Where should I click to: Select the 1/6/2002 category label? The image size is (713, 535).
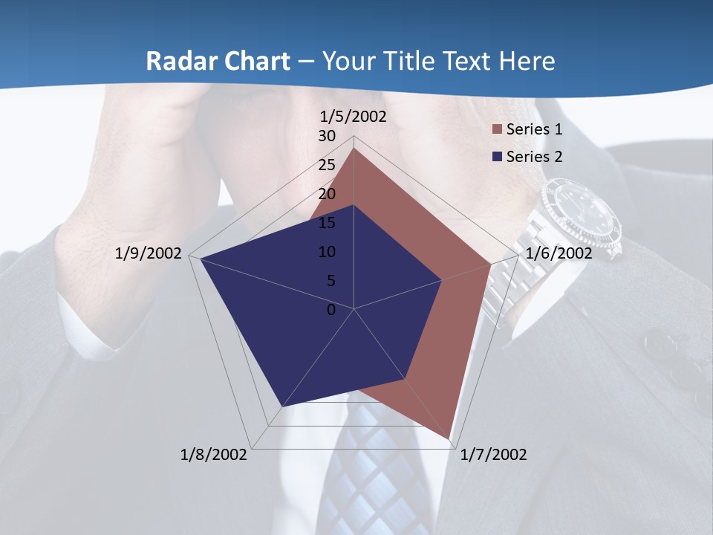pos(559,253)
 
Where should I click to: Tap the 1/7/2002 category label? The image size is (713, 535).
pos(493,455)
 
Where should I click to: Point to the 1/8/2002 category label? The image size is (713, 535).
pos(214,455)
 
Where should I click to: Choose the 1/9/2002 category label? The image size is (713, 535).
pos(149,253)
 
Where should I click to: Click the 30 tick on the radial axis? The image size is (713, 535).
pos(327,136)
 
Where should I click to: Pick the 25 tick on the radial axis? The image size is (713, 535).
pos(327,165)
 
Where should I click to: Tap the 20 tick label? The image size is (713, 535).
pos(327,194)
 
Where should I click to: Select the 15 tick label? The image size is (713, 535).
pos(327,223)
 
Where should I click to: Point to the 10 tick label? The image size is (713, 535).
pos(327,252)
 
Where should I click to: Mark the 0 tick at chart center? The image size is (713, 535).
pos(331,310)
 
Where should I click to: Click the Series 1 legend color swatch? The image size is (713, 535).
pos(496,130)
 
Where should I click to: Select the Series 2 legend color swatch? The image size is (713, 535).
pos(496,157)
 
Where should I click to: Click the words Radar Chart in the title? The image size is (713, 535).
pos(218,61)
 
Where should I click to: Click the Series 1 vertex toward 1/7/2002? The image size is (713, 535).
pos(449,438)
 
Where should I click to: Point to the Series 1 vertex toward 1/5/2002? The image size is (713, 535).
pos(354,149)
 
